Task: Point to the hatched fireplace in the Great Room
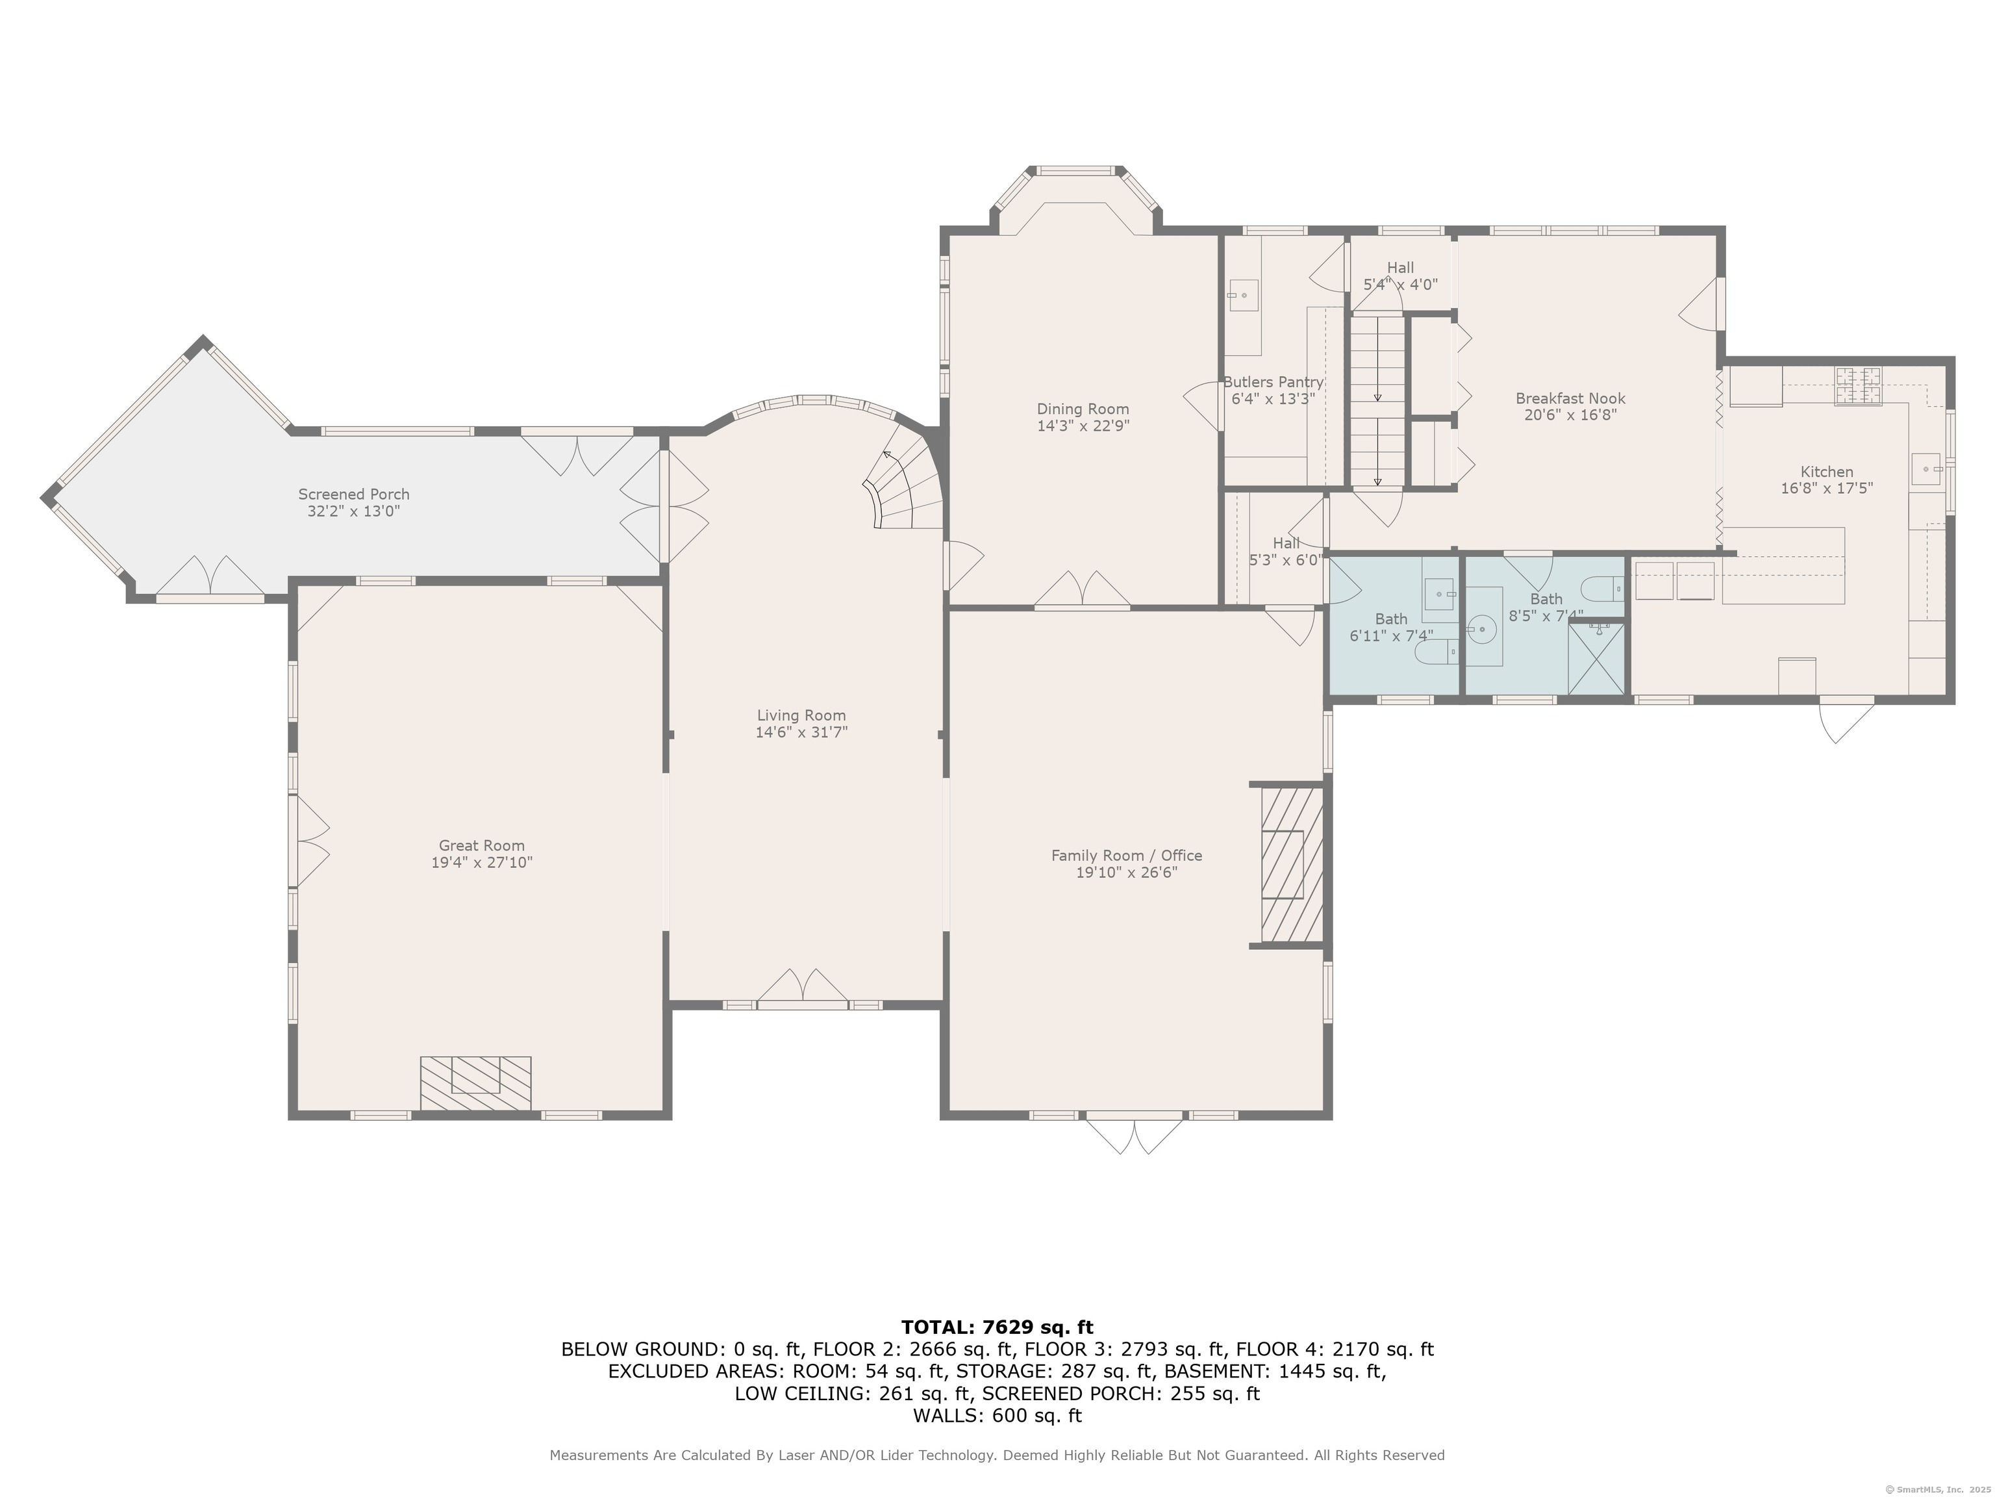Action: tap(475, 1083)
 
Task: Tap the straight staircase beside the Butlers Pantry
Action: tap(1377, 400)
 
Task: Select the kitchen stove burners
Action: tap(1859, 385)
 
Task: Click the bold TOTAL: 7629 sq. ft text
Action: tap(997, 1327)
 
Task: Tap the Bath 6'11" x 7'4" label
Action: tap(1391, 627)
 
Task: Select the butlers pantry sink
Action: tap(1243, 295)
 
